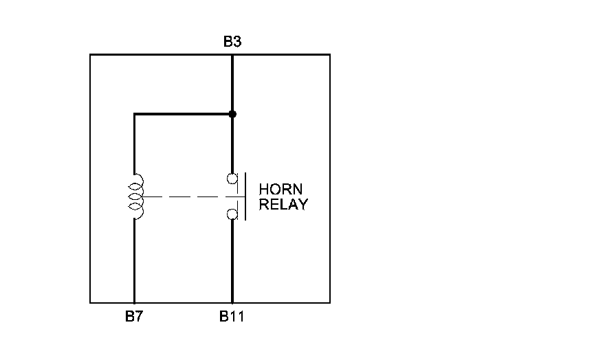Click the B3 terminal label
[232, 43]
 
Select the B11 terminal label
[232, 317]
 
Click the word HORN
[280, 189]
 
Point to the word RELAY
[283, 204]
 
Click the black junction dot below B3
[232, 113]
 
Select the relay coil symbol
[137, 196]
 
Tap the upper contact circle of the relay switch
[233, 179]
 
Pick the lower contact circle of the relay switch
[233, 214]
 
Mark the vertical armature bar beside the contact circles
[245, 197]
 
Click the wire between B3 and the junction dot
[232, 84]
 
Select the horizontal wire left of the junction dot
[183, 113]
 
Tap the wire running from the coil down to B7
[134, 261]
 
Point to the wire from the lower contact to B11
[232, 261]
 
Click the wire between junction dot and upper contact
[232, 144]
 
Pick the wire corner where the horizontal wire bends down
[134, 113]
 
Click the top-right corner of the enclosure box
[329, 54]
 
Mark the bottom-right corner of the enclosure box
[329, 302]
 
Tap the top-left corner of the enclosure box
[91, 54]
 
